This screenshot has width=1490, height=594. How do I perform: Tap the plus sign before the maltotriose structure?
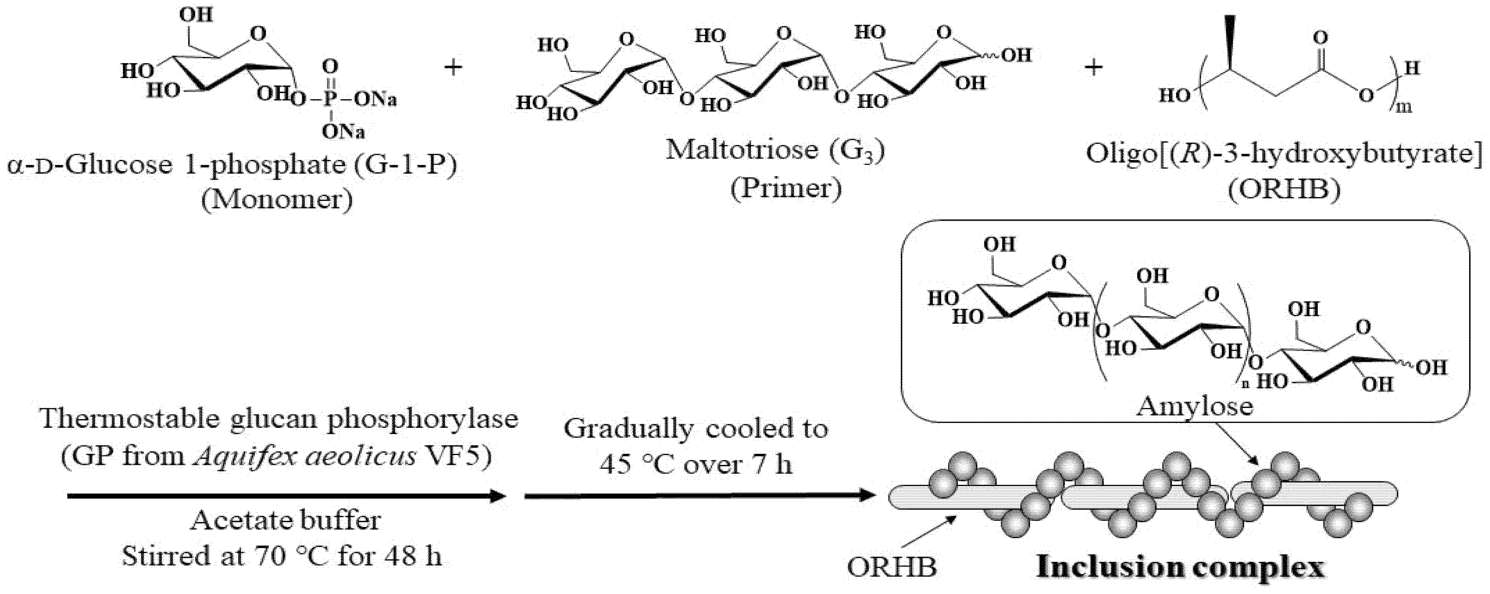[x=453, y=68]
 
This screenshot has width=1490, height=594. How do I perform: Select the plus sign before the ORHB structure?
[x=1093, y=68]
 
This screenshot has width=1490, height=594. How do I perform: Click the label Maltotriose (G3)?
[x=775, y=150]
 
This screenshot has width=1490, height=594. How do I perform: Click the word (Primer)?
[x=785, y=188]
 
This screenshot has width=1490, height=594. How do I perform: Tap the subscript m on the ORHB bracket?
[x=1404, y=107]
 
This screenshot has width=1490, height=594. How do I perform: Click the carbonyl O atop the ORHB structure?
[x=1320, y=38]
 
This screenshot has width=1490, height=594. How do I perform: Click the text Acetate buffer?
[x=286, y=520]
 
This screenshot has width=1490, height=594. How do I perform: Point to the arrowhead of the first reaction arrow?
[x=497, y=496]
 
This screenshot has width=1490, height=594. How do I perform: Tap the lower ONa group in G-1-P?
[x=343, y=133]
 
